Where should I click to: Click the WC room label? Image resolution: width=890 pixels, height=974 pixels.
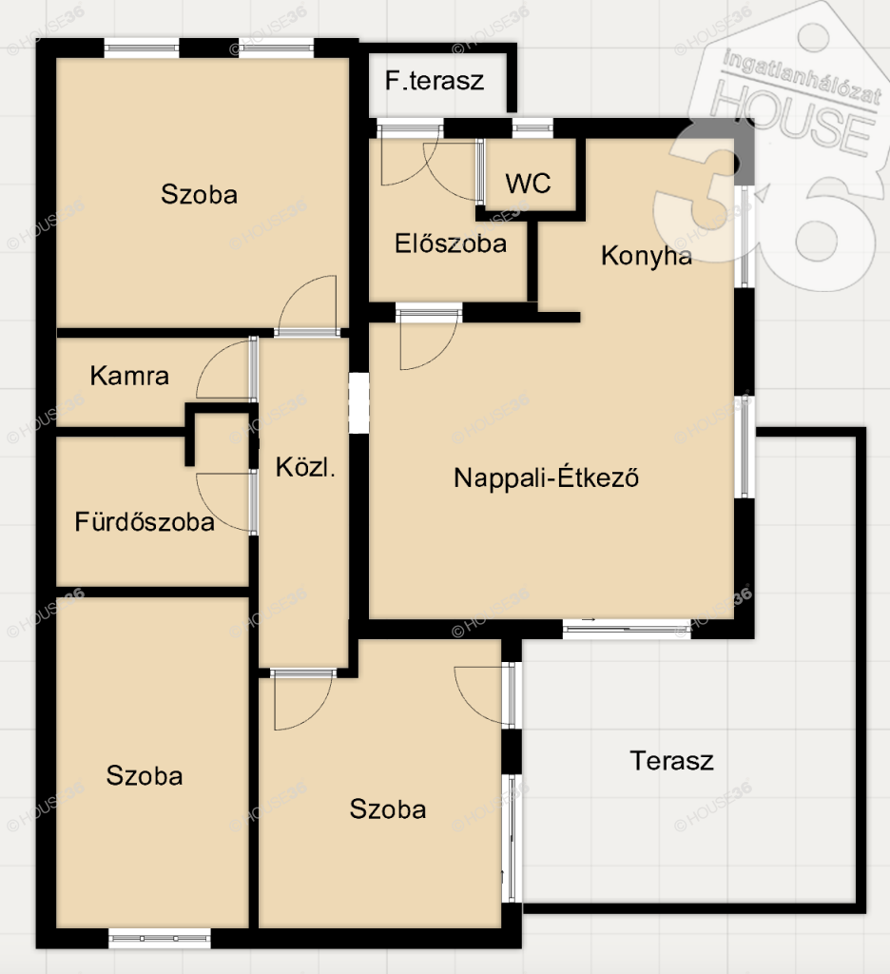pyautogui.click(x=528, y=184)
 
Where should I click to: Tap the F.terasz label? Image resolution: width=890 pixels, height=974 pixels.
pyautogui.click(x=435, y=81)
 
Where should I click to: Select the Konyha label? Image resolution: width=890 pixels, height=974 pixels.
pyautogui.click(x=646, y=255)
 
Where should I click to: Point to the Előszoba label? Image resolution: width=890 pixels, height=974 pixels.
pyautogui.click(x=451, y=243)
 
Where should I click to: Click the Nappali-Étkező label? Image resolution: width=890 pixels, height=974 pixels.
pyautogui.click(x=546, y=477)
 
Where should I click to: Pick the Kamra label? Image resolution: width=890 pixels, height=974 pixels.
pyautogui.click(x=129, y=376)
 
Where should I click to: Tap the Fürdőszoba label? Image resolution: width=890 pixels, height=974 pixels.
pyautogui.click(x=145, y=521)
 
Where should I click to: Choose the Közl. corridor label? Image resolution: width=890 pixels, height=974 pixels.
pyautogui.click(x=305, y=467)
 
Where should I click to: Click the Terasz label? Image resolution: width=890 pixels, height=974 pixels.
pyautogui.click(x=671, y=760)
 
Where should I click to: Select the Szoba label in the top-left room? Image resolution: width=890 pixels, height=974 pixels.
pyautogui.click(x=199, y=194)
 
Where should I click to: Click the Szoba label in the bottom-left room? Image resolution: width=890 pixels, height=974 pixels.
pyautogui.click(x=145, y=776)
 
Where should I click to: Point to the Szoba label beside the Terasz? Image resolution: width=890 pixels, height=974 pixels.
pyautogui.click(x=388, y=809)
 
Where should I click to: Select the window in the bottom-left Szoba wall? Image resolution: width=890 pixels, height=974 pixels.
pyautogui.click(x=160, y=938)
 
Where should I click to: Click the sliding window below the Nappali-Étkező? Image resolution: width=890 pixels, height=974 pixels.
pyautogui.click(x=627, y=629)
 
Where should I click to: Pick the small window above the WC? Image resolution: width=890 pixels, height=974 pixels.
pyautogui.click(x=532, y=128)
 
